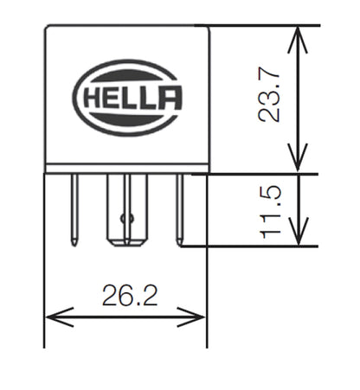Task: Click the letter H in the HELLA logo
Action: tap(94, 96)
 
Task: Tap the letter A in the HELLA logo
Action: tap(170, 96)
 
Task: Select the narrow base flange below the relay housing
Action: tap(126, 169)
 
